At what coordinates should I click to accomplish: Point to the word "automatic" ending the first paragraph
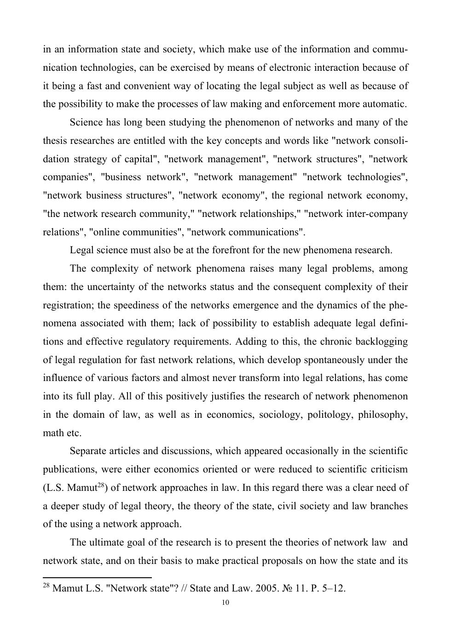pos(385,104)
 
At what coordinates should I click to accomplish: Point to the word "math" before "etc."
pos(53,433)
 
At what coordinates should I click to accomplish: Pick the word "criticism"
pos(385,470)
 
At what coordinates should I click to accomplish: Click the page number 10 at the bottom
pos(225,603)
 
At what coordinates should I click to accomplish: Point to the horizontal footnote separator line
pos(97,577)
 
